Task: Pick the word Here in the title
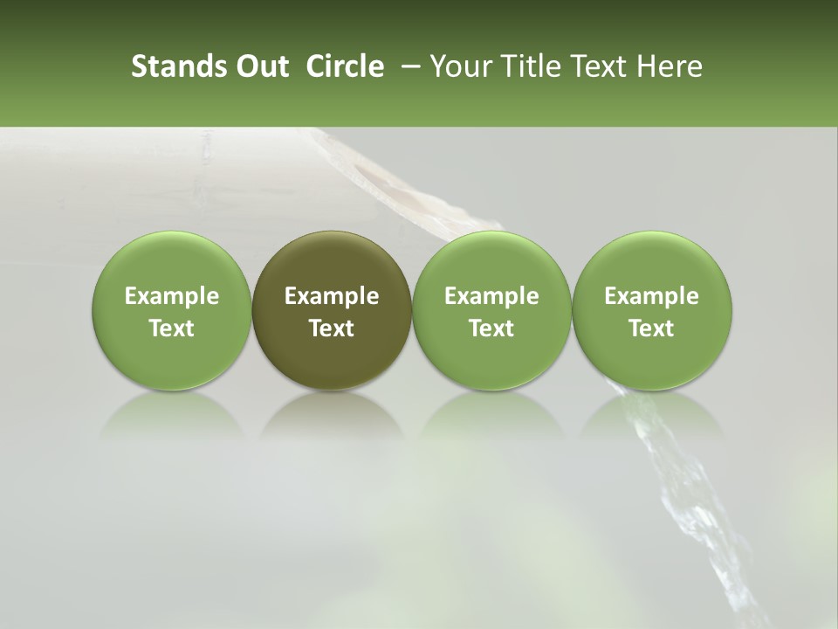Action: pos(670,66)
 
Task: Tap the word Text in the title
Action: pos(599,66)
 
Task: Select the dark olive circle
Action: pos(332,310)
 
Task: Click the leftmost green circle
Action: pos(172,310)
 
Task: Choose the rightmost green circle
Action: pos(651,310)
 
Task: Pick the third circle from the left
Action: pos(491,310)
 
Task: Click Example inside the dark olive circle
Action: pos(332,296)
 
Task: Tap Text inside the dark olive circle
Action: pos(332,328)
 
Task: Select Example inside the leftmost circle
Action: pos(172,296)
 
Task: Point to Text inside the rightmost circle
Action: pos(651,328)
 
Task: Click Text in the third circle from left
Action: pos(491,328)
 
